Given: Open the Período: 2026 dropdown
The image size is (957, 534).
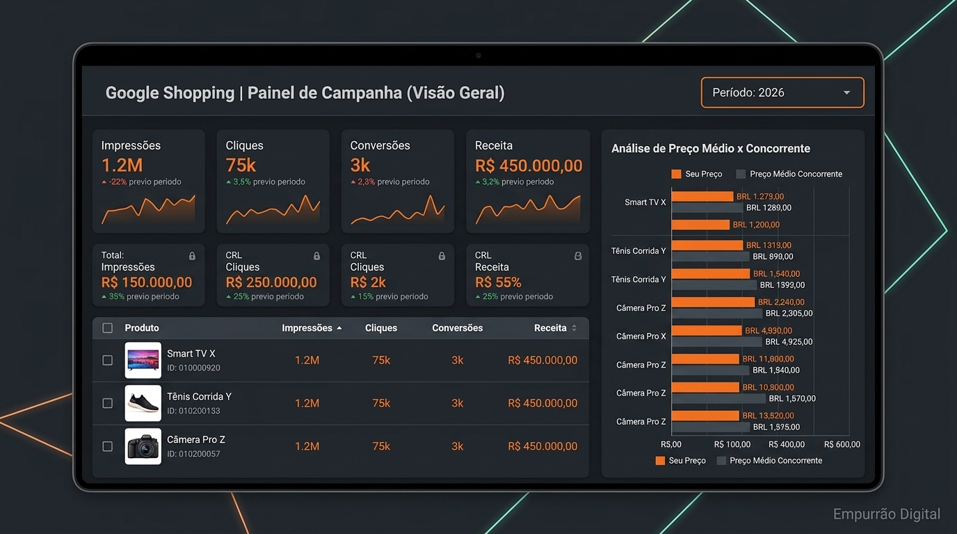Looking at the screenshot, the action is [x=782, y=92].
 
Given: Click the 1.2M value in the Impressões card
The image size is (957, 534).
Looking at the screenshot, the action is [x=122, y=165].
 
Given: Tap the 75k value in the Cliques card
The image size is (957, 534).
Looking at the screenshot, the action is [x=241, y=165].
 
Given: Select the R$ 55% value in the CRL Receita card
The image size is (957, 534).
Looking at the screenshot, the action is [x=498, y=282].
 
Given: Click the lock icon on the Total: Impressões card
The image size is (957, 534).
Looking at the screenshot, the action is [x=192, y=256].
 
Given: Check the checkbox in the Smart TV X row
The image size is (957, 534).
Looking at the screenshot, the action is [x=107, y=360].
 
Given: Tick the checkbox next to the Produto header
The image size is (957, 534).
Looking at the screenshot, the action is [x=107, y=327].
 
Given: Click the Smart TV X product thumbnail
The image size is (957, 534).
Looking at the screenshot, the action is [x=143, y=360].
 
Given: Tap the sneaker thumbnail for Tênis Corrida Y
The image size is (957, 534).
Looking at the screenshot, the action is [x=143, y=403].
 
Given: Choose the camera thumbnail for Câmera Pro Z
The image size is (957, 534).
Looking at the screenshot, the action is [x=143, y=446].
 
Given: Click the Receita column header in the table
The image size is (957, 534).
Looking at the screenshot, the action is [x=550, y=327].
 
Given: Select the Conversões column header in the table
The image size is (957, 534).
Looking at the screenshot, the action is [x=457, y=327].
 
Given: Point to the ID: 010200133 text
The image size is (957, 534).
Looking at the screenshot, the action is [x=193, y=410].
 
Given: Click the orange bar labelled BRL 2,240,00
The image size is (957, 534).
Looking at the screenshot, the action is [x=713, y=302].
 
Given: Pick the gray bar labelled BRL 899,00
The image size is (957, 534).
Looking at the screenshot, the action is [x=711, y=257].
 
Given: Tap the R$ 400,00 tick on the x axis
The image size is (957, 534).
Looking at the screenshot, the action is [x=787, y=444].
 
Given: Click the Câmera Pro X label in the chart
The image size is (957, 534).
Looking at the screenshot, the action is [x=641, y=337].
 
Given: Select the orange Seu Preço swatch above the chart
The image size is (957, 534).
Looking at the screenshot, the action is [x=676, y=174].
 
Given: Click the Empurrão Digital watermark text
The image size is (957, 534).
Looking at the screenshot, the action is [x=887, y=514].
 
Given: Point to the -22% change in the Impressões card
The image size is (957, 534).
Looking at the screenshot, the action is [x=118, y=181].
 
